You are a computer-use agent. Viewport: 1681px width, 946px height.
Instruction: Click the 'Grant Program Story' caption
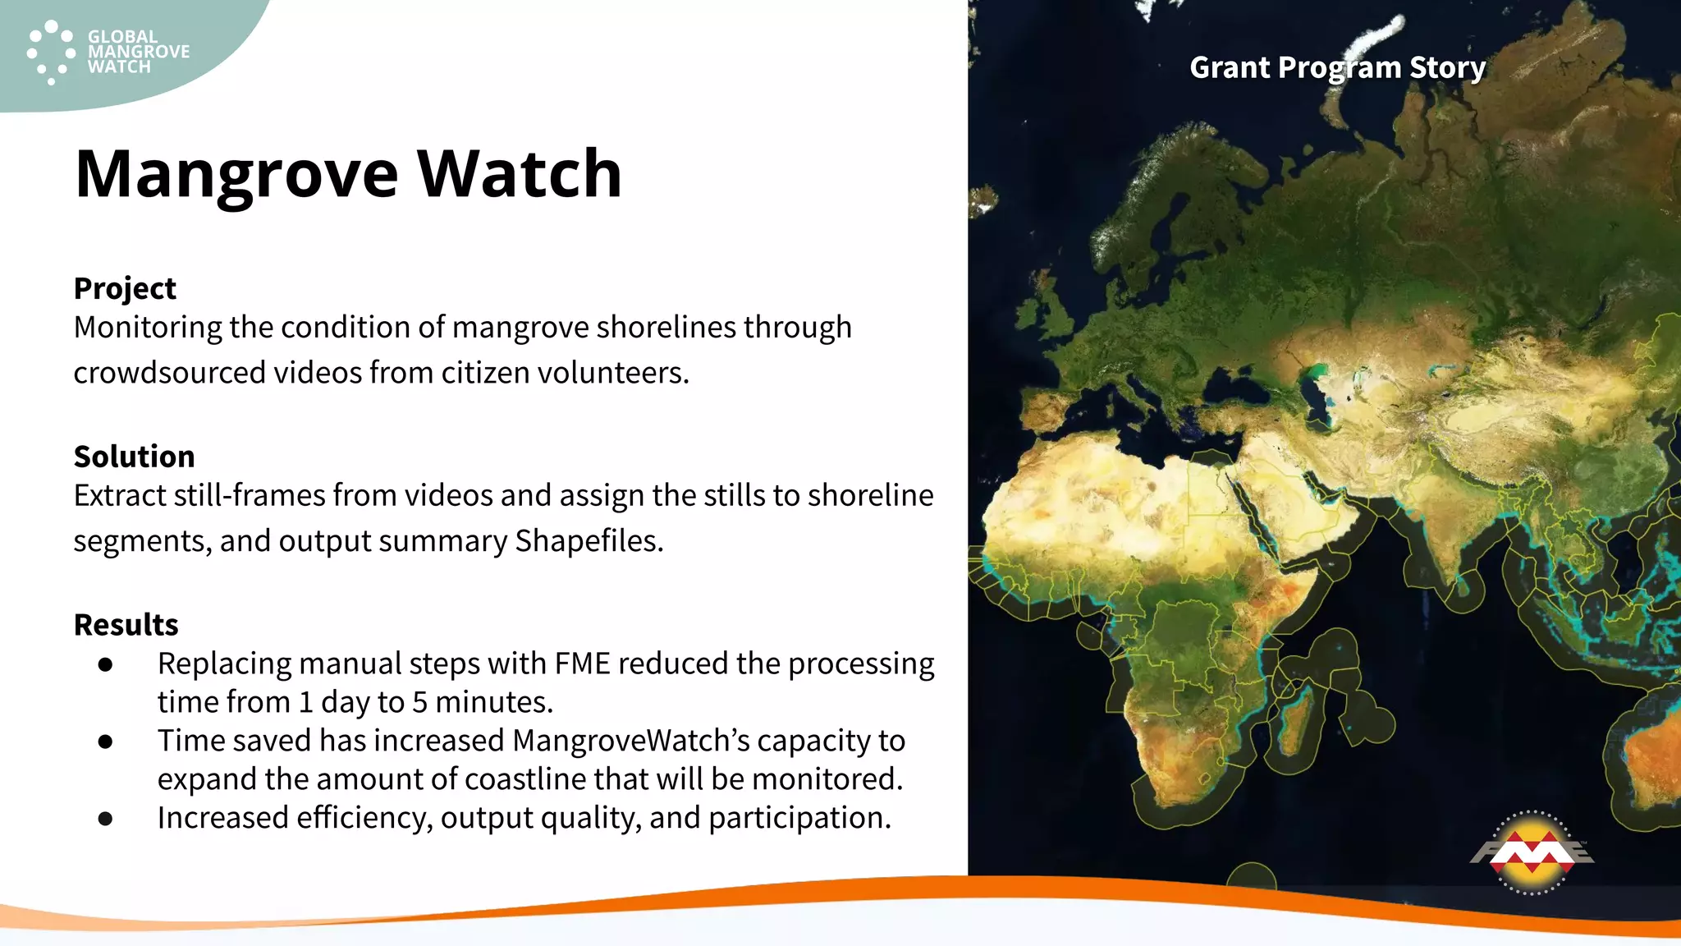[1337, 67]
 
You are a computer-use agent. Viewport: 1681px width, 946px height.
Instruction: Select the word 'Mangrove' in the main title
[236, 174]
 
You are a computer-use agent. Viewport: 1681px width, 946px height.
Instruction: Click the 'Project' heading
[125, 288]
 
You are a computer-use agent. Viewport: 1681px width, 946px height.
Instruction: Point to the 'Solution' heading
[134, 457]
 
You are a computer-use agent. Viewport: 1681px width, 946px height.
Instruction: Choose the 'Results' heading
[126, 625]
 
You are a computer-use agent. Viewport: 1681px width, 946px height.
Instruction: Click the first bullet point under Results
[105, 664]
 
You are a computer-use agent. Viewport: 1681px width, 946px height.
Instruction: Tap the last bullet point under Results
[105, 819]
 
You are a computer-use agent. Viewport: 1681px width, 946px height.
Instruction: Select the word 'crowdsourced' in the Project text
[169, 373]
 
